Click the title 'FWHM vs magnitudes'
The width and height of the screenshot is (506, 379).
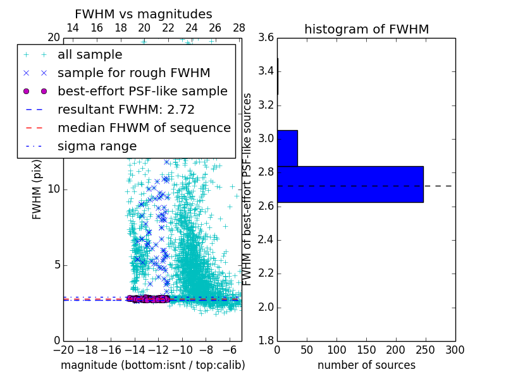144,14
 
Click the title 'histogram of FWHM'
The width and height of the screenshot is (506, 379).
366,29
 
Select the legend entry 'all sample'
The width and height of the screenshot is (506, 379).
90,55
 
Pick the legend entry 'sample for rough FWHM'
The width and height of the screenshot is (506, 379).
133,73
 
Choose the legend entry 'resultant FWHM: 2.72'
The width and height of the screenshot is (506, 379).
126,110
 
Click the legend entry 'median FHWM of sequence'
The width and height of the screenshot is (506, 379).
144,128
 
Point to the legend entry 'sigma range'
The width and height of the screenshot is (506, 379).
97,147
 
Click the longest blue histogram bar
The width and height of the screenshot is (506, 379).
350,184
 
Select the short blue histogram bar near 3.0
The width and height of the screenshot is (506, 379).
287,148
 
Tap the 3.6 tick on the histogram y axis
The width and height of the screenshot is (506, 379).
266,37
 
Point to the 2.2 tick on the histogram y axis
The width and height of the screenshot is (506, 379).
266,274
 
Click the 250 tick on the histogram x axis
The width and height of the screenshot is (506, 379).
425,349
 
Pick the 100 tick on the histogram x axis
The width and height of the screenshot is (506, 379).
336,349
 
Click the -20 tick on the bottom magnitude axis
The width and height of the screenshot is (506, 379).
63,349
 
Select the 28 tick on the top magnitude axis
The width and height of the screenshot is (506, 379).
239,28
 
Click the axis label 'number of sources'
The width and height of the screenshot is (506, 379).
366,365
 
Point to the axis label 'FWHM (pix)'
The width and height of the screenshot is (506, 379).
37,189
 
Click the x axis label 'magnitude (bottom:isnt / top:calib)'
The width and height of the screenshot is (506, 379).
152,365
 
